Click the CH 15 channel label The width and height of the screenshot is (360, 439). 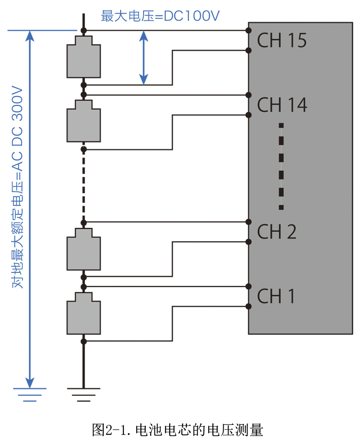(x=282, y=41)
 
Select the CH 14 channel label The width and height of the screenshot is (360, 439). (x=282, y=105)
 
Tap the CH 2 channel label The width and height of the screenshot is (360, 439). (x=277, y=232)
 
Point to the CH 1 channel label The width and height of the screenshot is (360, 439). (x=276, y=296)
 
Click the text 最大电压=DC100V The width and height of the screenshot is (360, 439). (x=161, y=17)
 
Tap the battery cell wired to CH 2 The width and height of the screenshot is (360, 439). (x=84, y=250)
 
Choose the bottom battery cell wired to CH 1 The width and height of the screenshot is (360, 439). (x=84, y=314)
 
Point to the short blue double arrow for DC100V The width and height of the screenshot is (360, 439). (x=144, y=57)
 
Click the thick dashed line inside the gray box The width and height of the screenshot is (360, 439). (x=281, y=166)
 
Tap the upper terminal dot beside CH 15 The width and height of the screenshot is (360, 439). (x=248, y=31)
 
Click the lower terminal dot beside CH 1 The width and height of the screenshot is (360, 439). (x=248, y=307)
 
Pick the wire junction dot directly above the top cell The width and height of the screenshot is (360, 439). (x=84, y=31)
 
